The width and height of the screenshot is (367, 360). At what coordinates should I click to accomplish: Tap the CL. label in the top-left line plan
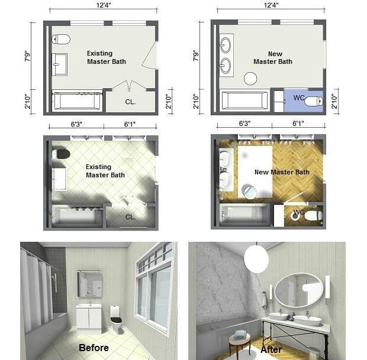point(130,101)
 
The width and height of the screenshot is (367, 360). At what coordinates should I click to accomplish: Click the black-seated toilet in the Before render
point(116,318)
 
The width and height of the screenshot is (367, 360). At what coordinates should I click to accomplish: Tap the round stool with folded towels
point(240,338)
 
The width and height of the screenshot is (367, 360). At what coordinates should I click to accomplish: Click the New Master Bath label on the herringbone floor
point(282,172)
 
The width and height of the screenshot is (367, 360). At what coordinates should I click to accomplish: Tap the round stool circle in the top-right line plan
point(250,78)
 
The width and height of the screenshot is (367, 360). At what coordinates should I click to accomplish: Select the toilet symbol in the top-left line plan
point(60,40)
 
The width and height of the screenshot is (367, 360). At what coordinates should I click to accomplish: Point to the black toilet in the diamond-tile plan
point(61,154)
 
